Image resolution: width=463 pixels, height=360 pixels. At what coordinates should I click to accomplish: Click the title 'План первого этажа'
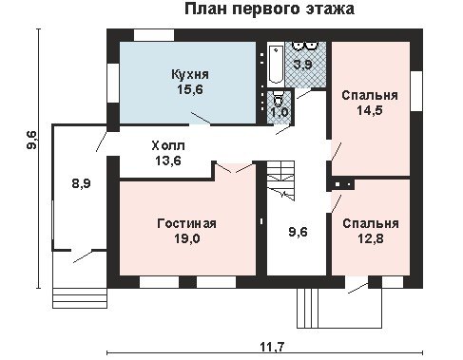269,9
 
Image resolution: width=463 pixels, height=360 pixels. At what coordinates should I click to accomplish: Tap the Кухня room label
190,75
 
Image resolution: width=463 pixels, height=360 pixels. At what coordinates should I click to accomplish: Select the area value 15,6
190,90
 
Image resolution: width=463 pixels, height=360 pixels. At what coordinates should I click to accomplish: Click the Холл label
168,146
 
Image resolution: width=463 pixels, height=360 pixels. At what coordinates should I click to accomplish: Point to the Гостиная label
186,223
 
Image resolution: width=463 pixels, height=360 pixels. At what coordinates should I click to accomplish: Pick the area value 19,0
187,238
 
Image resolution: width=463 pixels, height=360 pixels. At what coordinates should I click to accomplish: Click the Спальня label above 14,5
370,95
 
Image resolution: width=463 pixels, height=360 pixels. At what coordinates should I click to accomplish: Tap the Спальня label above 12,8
371,223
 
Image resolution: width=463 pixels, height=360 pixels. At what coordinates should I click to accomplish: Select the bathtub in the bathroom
276,65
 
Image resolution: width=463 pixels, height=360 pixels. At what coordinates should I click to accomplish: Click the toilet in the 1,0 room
278,99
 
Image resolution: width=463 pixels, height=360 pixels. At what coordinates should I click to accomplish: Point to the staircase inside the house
280,180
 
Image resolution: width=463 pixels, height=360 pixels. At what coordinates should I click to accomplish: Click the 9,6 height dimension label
31,141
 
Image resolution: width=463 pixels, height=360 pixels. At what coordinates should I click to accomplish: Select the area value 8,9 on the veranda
82,183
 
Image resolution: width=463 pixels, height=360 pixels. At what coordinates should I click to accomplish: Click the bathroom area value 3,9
302,65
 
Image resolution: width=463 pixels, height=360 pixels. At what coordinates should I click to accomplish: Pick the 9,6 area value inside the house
298,232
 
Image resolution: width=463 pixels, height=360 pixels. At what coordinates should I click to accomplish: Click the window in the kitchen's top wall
154,35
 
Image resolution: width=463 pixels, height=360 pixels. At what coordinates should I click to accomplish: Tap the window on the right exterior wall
416,91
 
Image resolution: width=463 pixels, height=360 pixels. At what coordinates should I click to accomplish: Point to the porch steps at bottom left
80,298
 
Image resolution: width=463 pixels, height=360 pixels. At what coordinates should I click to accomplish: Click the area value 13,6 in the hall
168,161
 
